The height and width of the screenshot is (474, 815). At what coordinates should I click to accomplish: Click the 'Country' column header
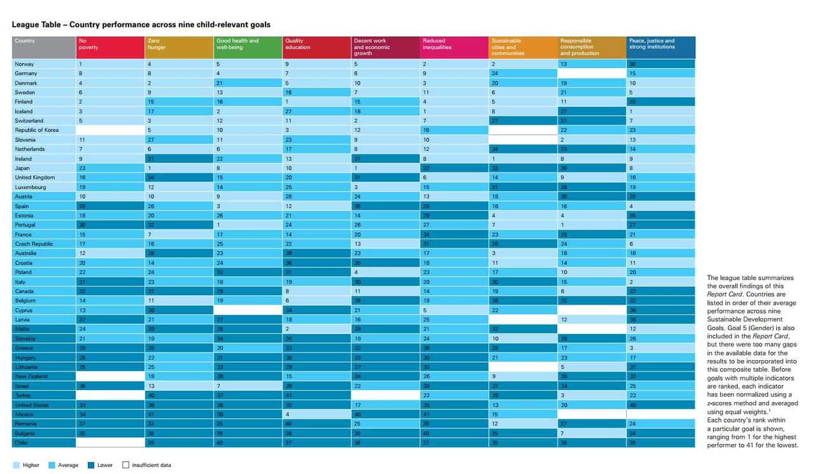44,48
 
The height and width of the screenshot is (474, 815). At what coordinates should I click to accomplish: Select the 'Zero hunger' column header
179,48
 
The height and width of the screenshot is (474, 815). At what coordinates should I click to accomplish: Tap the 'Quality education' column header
316,48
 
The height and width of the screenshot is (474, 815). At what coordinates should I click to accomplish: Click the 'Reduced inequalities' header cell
454,48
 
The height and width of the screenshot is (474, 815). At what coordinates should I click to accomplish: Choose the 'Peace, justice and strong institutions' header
660,48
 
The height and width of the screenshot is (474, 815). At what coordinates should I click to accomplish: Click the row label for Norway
25,64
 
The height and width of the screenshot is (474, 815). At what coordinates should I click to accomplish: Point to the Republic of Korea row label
36,130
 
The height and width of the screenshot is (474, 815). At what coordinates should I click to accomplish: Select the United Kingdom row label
34,178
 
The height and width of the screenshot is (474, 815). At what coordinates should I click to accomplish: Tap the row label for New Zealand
32,376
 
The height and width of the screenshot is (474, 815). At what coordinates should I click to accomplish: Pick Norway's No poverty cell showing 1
110,64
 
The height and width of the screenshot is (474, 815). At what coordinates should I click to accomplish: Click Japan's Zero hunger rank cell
179,168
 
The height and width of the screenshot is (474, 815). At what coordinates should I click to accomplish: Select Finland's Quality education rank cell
316,102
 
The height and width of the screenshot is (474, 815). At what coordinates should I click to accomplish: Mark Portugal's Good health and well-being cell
248,225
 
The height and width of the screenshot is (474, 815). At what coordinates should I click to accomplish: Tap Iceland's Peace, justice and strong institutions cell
660,111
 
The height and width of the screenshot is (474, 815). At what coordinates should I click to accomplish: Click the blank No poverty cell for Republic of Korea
110,130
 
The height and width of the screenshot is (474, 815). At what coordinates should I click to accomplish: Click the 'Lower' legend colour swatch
91,465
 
